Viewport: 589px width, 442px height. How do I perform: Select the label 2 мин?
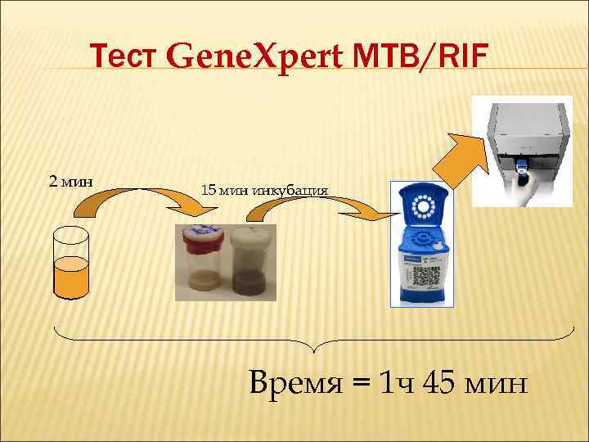point(70,180)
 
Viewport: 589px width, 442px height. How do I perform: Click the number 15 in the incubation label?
point(209,190)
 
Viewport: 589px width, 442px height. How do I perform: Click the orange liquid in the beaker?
point(70,277)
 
